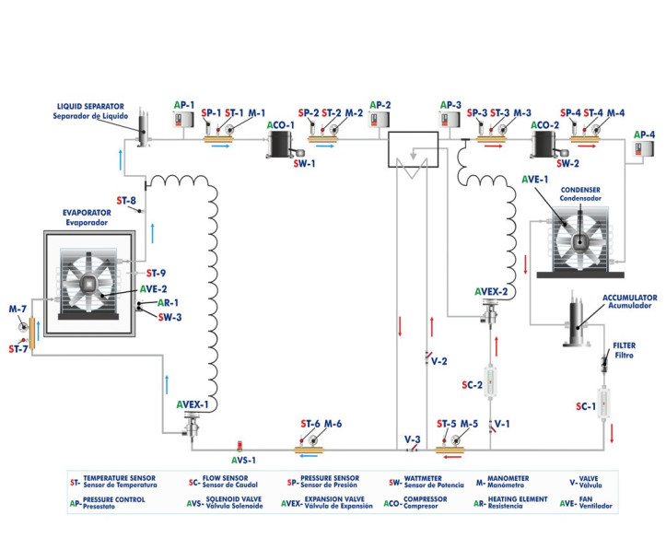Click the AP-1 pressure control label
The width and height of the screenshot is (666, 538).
click(184, 105)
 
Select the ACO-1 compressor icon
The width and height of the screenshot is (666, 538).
click(279, 144)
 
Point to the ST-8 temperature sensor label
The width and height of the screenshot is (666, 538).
click(126, 200)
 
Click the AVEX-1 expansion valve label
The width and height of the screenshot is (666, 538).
click(193, 404)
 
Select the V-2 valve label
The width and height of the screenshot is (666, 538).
click(438, 361)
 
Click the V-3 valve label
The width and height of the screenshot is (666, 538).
click(412, 439)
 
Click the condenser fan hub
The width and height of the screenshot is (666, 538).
click(579, 241)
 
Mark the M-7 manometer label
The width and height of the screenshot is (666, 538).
click(18, 309)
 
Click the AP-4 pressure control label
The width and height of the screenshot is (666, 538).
click(645, 134)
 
